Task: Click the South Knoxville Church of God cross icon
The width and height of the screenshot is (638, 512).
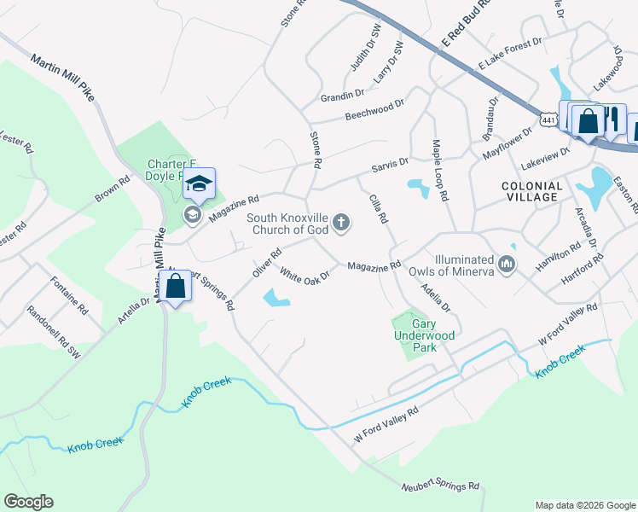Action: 341,224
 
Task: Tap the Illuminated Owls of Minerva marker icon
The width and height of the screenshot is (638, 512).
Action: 507,265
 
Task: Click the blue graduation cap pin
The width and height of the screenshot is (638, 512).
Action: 199,184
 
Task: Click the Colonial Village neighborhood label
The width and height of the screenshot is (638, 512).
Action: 531,191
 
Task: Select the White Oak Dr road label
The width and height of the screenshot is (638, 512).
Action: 304,276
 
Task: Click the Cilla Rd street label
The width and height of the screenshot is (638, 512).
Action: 378,209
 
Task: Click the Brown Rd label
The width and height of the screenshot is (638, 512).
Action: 112,188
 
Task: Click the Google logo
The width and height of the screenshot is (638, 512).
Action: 28,502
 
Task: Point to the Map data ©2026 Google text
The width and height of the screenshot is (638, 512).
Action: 585,505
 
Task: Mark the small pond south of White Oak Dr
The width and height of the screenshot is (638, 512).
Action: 276,298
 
